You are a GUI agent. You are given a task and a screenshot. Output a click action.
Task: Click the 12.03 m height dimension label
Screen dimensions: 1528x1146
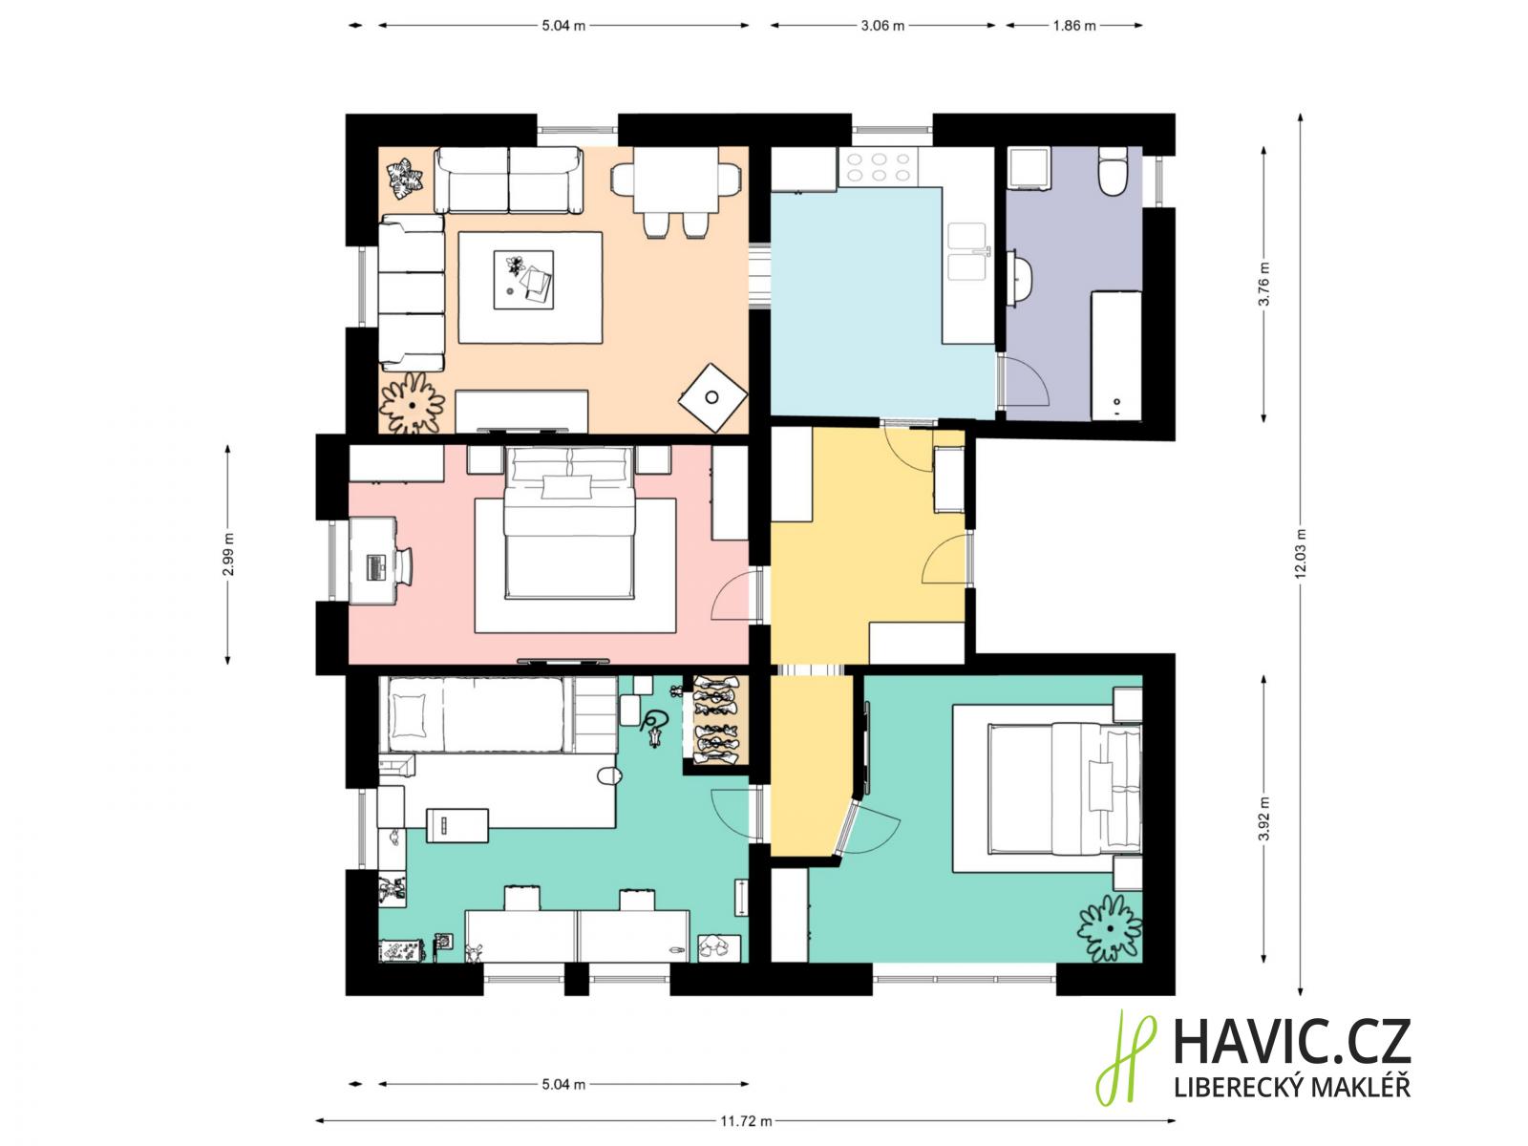coord(1301,553)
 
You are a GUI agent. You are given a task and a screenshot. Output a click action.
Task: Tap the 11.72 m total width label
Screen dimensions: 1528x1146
coord(746,1121)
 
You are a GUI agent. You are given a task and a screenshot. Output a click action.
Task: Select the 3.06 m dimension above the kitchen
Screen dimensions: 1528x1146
coord(882,26)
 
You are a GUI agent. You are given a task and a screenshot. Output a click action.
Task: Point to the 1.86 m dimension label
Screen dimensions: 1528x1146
coord(1074,26)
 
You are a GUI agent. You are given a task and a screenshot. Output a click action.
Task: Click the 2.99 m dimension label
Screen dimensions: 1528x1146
coord(228,554)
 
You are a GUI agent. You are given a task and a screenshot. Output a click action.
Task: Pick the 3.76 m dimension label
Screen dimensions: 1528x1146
coord(1264,284)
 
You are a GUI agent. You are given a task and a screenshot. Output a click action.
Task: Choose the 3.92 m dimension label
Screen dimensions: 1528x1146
coord(1264,818)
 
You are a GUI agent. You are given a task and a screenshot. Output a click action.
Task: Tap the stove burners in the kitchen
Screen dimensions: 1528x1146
coord(879,167)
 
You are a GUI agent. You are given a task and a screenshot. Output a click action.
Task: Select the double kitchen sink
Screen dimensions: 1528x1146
coord(967,250)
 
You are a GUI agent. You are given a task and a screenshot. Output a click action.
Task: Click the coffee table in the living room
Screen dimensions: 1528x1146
coord(523,280)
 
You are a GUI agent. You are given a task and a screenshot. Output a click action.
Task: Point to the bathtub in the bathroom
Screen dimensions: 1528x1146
coord(1115,355)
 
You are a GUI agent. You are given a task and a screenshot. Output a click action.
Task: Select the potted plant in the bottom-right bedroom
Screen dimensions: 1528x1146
coord(1110,928)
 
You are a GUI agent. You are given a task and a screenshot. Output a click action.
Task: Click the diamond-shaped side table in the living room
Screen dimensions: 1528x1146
coord(712,397)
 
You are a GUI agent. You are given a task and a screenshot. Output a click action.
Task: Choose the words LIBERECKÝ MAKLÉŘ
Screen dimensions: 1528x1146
coord(1292,1088)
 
